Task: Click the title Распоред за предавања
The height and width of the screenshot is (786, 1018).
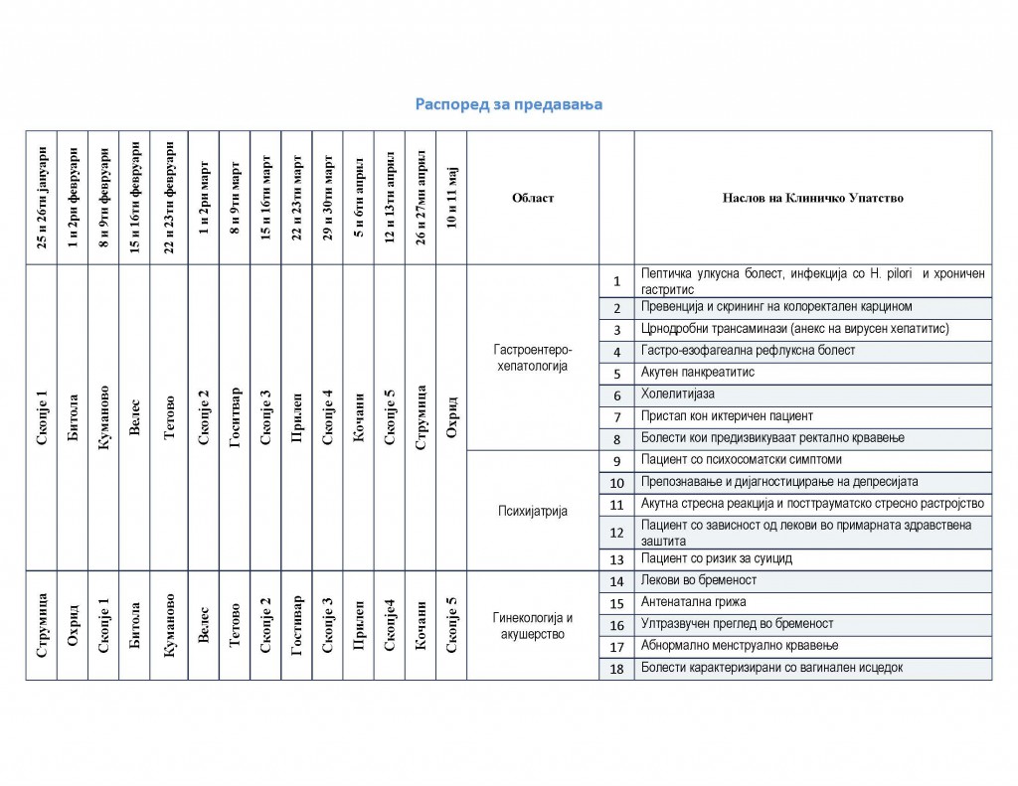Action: (509, 103)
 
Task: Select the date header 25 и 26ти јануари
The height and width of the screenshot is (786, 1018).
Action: (42, 198)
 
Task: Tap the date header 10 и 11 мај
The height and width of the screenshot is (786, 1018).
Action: (451, 198)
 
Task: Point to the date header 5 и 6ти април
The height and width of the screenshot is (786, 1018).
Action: (359, 198)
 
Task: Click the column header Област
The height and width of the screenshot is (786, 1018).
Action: (533, 198)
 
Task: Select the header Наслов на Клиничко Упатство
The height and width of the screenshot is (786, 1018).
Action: (812, 198)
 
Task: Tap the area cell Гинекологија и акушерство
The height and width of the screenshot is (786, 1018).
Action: (532, 625)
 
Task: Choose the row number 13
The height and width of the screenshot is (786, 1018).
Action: (616, 559)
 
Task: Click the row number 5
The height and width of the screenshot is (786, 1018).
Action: (616, 374)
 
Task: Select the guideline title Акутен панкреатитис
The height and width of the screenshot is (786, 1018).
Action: (698, 373)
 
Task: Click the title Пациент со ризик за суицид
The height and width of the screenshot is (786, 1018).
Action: (716, 559)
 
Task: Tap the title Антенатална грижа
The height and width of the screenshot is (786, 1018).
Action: (694, 602)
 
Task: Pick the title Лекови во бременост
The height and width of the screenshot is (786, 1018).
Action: (699, 580)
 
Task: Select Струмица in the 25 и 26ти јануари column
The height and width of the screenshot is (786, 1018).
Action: (42, 626)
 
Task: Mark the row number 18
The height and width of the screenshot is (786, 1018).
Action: (616, 668)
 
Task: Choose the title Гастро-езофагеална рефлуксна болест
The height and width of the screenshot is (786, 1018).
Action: (748, 351)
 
